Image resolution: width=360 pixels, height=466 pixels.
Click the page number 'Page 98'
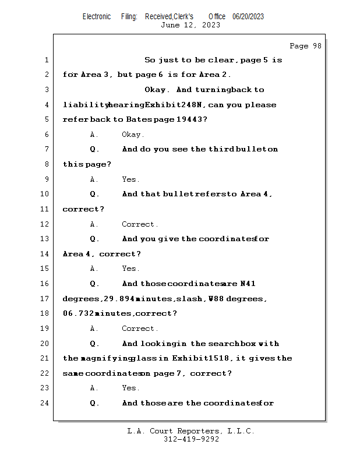pyautogui.click(x=305, y=46)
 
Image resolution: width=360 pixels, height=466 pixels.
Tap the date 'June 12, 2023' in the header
pyautogui.click(x=190, y=25)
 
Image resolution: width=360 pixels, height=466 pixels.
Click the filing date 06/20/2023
pyautogui.click(x=248, y=16)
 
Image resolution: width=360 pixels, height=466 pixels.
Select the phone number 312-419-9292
pyautogui.click(x=191, y=439)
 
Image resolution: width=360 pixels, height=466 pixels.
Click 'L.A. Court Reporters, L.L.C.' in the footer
pyautogui.click(x=190, y=431)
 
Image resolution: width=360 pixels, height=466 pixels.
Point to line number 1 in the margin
pyautogui.click(x=46, y=60)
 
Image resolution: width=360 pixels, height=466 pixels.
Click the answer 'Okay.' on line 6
pyautogui.click(x=133, y=135)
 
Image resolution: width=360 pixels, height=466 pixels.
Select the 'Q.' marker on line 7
pyautogui.click(x=94, y=149)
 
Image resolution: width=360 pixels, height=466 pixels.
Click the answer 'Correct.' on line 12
pyautogui.click(x=140, y=224)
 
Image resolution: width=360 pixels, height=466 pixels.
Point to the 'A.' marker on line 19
pyautogui.click(x=94, y=329)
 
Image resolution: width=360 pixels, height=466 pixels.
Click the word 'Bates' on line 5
pyautogui.click(x=139, y=119)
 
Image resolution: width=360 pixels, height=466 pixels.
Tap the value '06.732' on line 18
pyautogui.click(x=78, y=313)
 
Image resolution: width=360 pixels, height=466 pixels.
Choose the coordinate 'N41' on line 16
pyautogui.click(x=248, y=284)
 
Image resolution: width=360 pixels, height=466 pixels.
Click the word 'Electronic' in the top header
pyautogui.click(x=97, y=16)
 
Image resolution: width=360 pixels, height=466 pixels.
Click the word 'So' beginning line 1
pyautogui.click(x=150, y=60)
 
